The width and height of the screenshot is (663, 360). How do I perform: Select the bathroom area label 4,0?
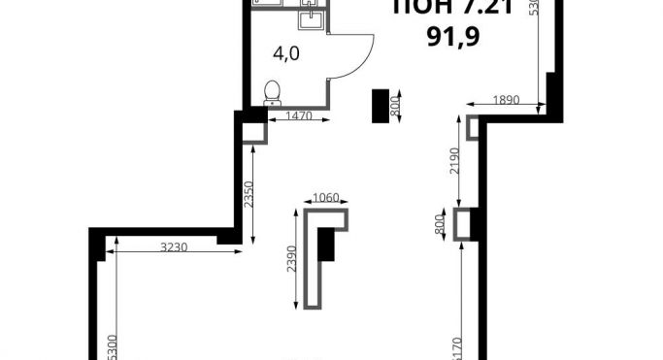coord(286,54)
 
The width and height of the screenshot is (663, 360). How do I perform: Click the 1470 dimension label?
coord(302,116)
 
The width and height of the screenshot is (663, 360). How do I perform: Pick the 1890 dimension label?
coord(506,99)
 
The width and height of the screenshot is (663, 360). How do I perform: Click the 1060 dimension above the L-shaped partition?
coord(325,198)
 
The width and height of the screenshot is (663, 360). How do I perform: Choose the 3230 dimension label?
coord(176,248)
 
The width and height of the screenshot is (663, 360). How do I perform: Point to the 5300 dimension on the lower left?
coord(113,344)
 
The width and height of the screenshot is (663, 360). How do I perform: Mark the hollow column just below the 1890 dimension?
coord(473,128)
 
